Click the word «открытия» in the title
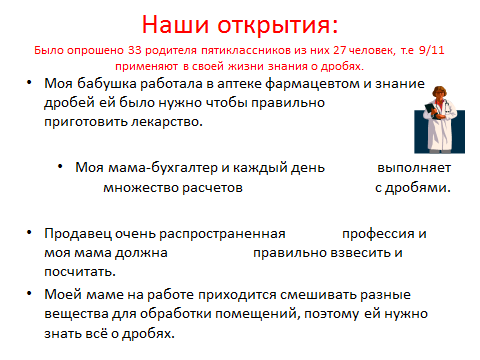278,25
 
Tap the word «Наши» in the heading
175,24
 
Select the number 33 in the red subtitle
135,50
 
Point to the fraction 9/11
432,50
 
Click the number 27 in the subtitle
340,50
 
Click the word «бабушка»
107,84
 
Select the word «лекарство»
167,122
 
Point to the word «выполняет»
414,168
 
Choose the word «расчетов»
212,188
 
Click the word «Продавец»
78,234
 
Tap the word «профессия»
379,234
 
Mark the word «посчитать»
80,272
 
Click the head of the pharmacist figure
439,93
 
